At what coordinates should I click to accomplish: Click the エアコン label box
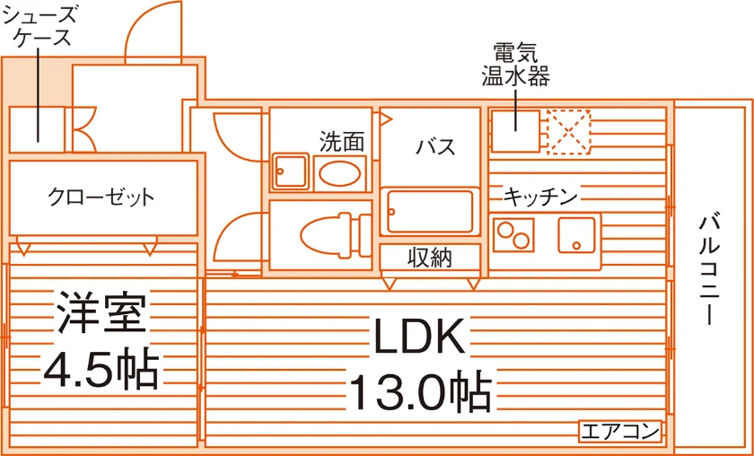click(620, 432)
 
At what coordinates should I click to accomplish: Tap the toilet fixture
click(335, 235)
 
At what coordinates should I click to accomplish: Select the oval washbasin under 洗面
click(339, 173)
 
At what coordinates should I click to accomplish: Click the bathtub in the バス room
click(430, 211)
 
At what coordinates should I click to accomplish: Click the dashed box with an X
click(569, 132)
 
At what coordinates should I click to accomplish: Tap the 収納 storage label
click(430, 259)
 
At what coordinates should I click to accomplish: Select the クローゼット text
click(101, 197)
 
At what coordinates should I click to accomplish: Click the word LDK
click(418, 335)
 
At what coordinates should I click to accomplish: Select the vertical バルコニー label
click(710, 270)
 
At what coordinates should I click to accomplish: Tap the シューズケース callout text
click(39, 26)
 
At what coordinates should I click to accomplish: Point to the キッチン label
click(540, 197)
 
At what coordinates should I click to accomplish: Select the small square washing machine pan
click(290, 171)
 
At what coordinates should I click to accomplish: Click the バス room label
click(435, 145)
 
